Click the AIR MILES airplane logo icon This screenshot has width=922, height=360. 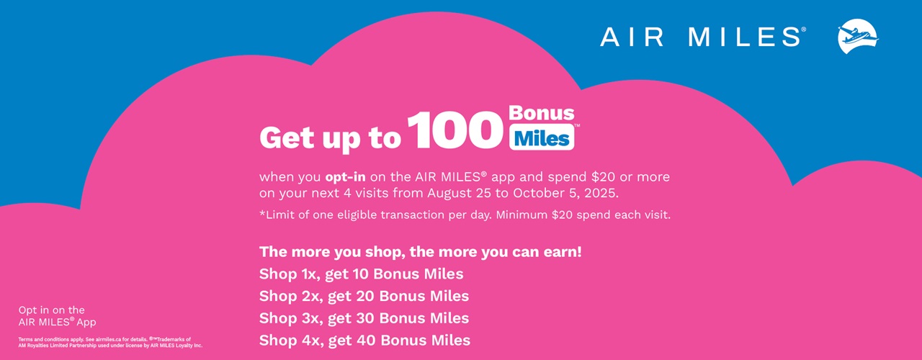858,36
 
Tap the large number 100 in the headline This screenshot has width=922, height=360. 455,130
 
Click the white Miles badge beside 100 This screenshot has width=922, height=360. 542,138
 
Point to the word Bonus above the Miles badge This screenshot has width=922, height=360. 541,113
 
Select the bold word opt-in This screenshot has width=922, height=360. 345,177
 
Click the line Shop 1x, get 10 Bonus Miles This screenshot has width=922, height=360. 362,274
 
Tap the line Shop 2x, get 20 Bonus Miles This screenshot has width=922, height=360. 364,296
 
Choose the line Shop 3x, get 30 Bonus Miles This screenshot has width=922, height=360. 364,318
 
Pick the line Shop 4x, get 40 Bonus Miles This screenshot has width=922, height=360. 364,341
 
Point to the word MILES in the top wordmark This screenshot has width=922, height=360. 745,37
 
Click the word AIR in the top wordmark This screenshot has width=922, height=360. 632,37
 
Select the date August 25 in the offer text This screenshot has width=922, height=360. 459,194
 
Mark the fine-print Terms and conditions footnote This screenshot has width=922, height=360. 110,343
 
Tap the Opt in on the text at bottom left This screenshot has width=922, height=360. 51,310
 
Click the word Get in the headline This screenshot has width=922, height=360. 287,138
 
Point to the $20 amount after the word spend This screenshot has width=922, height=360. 603,177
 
